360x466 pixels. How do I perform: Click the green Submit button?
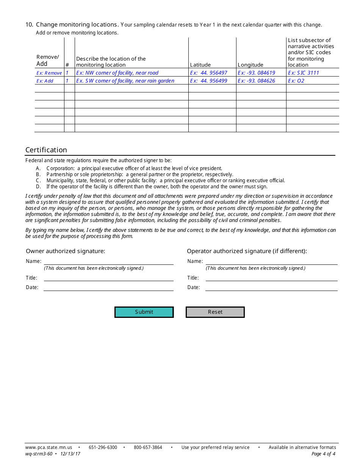click(144, 312)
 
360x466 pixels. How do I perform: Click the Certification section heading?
click(46, 150)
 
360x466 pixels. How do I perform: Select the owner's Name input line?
click(109, 261)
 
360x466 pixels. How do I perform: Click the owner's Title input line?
click(109, 278)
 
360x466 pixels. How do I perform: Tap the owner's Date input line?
click(109, 287)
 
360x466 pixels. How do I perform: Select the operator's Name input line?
click(271, 261)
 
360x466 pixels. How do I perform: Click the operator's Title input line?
click(271, 278)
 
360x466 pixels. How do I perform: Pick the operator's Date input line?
click(271, 287)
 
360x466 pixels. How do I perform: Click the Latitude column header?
click(200, 65)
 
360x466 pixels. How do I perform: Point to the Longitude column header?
click(250, 65)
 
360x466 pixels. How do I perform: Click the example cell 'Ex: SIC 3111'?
click(304, 73)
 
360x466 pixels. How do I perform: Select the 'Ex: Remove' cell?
click(49, 73)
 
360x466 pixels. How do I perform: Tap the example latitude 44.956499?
click(209, 81)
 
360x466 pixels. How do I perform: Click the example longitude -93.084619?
click(257, 73)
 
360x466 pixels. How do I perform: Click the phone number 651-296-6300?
click(103, 447)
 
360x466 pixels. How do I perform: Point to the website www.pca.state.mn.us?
click(49, 447)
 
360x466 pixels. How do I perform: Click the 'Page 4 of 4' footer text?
click(323, 454)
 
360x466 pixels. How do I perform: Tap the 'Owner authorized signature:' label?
click(66, 251)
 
